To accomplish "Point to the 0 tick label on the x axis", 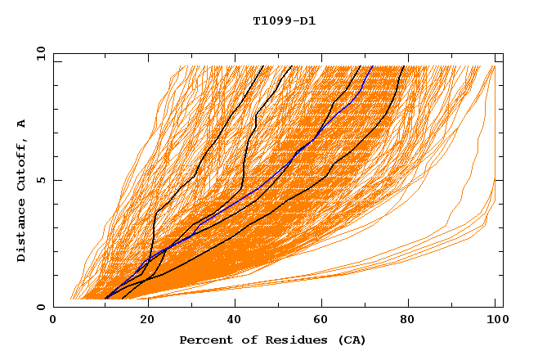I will pyautogui.click(x=53, y=321).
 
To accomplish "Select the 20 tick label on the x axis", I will pyautogui.click(x=141, y=321).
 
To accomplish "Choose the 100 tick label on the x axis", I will pyautogui.click(x=495, y=321).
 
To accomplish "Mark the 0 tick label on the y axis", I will pyautogui.click(x=40, y=308).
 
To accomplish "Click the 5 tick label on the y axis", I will pyautogui.click(x=40, y=180).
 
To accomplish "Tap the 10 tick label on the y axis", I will pyautogui.click(x=38, y=52).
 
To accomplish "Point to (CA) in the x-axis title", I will pyautogui.click(x=350, y=340).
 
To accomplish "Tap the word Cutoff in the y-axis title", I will pyautogui.click(x=22, y=162).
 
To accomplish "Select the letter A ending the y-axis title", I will pyautogui.click(x=22, y=124).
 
